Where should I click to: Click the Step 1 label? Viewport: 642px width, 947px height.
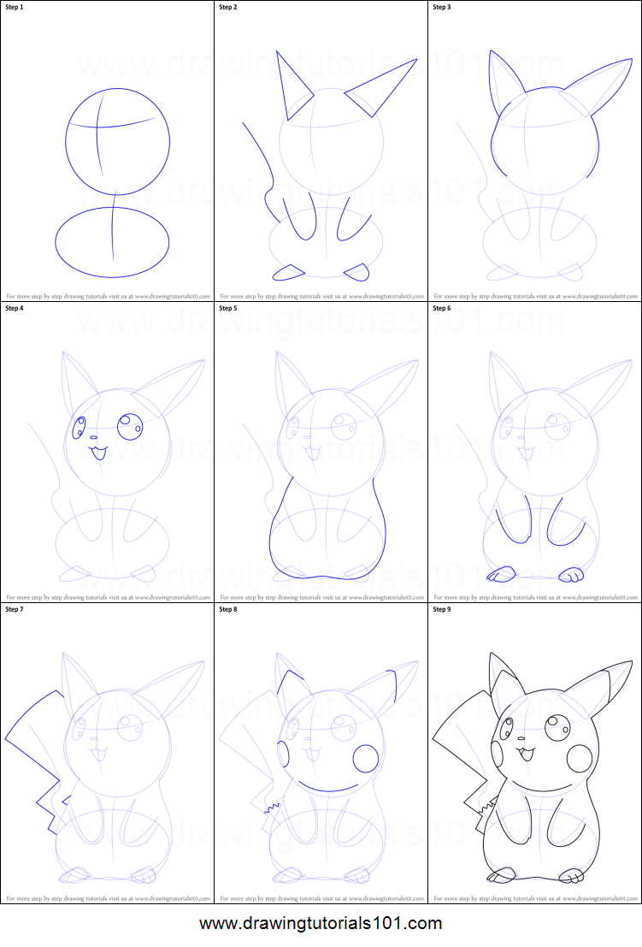point(16,8)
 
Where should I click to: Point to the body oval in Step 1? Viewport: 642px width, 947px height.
point(112,242)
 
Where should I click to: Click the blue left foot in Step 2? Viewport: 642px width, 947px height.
point(289,272)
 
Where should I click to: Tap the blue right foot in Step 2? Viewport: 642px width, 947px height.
point(357,272)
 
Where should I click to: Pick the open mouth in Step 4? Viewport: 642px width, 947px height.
point(98,452)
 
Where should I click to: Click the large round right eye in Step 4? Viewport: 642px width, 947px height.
point(130,425)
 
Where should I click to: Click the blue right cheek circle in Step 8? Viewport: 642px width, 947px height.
point(366,758)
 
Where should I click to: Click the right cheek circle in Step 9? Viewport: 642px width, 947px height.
point(580,758)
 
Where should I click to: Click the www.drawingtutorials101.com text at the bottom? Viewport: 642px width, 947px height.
point(321,924)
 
